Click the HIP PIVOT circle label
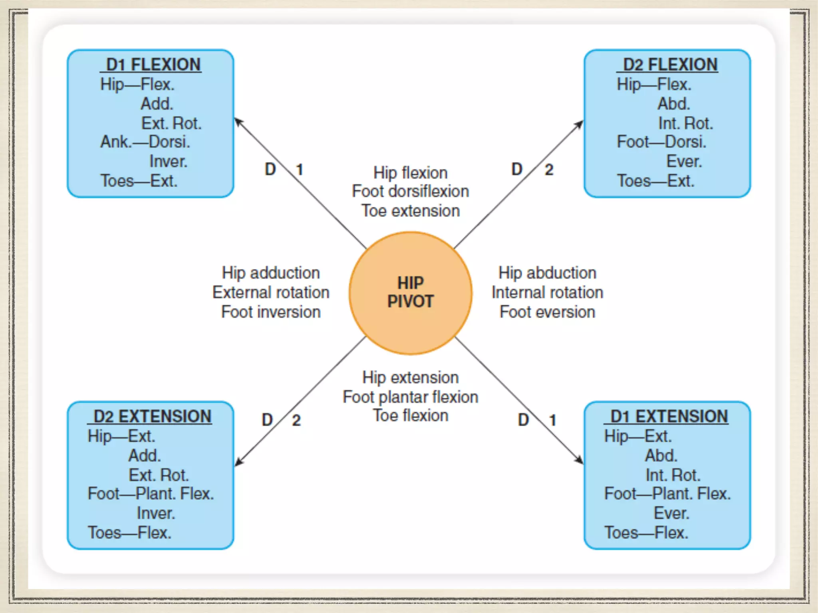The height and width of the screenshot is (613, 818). pos(410,292)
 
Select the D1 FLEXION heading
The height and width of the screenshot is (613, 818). pos(153,65)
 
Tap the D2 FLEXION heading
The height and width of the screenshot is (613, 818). pos(670,65)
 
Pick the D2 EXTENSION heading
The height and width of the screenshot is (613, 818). pos(152,417)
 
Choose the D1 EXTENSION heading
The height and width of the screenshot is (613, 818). pos(669,417)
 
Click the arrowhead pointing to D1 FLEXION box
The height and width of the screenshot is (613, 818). pos(238,121)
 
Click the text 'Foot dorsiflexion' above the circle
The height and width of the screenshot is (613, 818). pos(410,192)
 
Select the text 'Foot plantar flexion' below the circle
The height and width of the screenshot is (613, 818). pos(410,397)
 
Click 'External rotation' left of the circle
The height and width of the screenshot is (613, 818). pos(271,293)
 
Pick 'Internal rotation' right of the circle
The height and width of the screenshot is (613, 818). pos(547,293)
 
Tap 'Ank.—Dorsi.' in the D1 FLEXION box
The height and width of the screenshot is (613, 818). pos(145,142)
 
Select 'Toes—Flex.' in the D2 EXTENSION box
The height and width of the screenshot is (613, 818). pos(129,533)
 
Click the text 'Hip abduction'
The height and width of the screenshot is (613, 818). pos(547,273)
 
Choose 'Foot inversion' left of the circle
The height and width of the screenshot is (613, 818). pos(271,312)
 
